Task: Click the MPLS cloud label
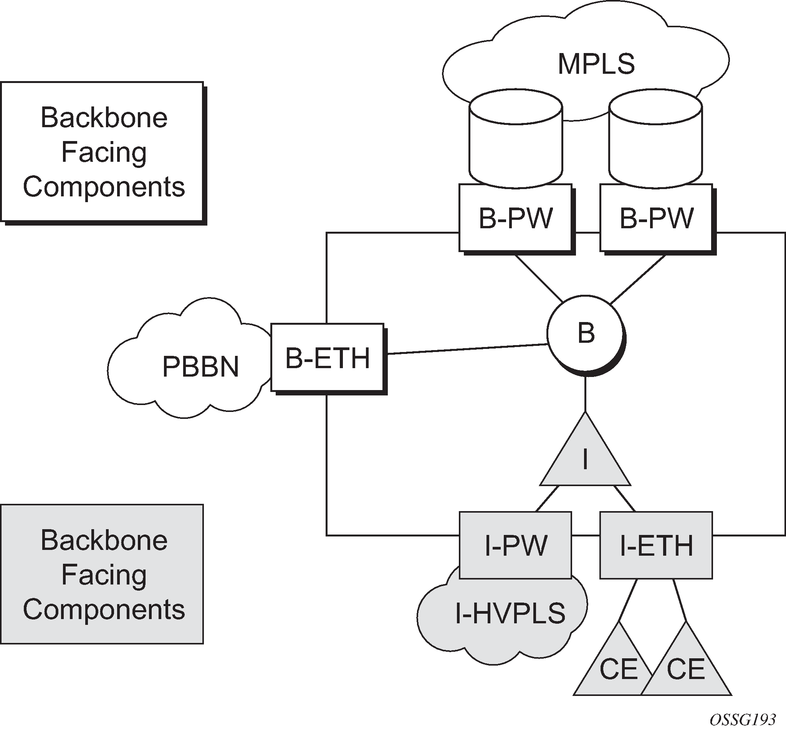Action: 596,64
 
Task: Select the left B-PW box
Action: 515,218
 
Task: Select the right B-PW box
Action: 656,218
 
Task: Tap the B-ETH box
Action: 327,358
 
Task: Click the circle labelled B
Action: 586,333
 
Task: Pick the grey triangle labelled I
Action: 585,460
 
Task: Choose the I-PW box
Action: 516,545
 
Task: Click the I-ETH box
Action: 656,545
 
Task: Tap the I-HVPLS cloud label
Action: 510,613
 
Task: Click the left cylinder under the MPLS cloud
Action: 516,142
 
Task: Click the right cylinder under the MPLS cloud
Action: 655,142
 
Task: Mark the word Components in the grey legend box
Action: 104,609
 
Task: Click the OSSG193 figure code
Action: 743,719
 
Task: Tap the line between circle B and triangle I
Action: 585,395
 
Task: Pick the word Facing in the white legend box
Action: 104,152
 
